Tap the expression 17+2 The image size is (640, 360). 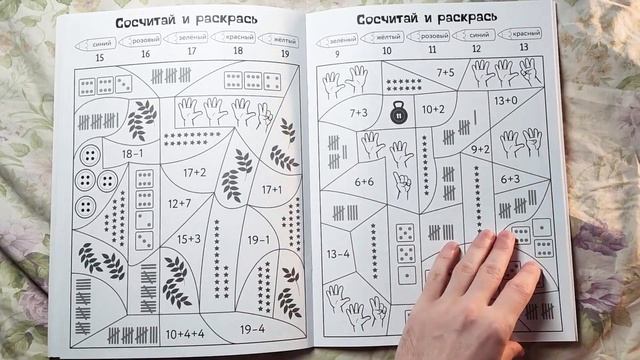point(194,172)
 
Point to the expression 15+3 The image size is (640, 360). point(189,239)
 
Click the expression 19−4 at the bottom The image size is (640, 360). point(253,328)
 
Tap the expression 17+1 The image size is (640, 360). point(271,189)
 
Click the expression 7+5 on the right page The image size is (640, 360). point(444,72)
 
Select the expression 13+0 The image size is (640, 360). point(505,100)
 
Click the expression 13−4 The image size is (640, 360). point(339,253)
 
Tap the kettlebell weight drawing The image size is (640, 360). point(397,115)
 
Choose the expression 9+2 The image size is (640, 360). point(480,149)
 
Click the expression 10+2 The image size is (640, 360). point(433,109)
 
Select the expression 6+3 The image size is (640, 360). point(510,179)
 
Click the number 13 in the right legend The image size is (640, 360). point(523,48)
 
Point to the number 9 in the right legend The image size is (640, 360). point(338,53)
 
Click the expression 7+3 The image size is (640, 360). point(359,114)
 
